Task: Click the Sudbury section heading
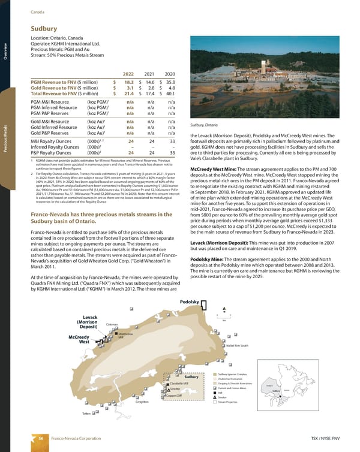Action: tap(43, 28)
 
